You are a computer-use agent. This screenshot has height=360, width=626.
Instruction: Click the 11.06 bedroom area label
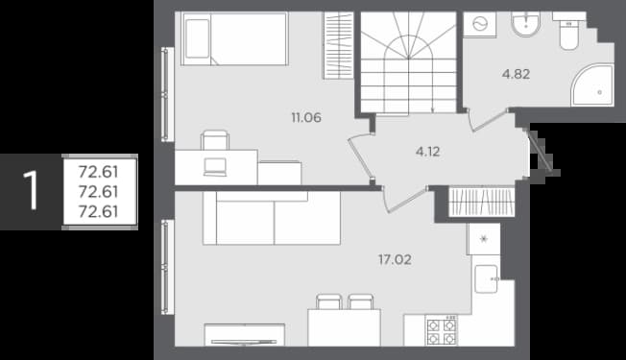[306, 118]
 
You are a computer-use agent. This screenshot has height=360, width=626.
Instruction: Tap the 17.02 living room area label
[395, 260]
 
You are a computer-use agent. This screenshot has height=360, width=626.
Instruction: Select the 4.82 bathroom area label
[517, 74]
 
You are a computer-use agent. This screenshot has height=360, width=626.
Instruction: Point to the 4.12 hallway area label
[427, 152]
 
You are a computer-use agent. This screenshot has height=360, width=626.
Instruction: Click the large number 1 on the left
[31, 190]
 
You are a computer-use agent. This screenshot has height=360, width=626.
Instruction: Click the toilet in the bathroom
[569, 31]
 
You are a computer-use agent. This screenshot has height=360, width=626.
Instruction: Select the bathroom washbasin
[526, 24]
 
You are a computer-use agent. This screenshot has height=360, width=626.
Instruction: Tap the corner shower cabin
[592, 85]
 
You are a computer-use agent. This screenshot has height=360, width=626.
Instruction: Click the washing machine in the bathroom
[479, 25]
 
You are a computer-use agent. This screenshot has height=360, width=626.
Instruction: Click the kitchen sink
[487, 279]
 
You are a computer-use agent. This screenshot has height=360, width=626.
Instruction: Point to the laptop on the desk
[215, 167]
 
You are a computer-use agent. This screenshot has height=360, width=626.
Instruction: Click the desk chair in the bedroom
[215, 140]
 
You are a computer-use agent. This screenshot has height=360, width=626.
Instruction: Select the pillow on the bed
[198, 38]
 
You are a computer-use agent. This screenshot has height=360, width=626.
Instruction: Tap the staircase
[408, 62]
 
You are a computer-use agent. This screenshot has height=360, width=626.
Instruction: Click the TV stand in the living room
[244, 335]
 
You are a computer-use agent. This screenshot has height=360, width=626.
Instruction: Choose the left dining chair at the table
[329, 301]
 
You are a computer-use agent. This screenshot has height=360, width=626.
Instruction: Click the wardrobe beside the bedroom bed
[338, 45]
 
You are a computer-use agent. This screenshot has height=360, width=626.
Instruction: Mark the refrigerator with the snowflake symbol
[484, 239]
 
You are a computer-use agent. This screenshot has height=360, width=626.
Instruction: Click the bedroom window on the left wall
[168, 95]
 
